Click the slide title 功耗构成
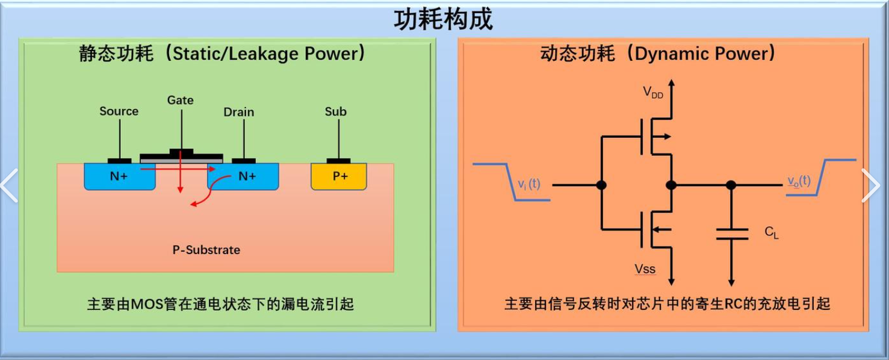[x=444, y=19]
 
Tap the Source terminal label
[x=119, y=111]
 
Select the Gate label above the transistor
[x=180, y=100]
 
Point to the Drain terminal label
[x=239, y=112]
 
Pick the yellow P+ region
[x=339, y=176]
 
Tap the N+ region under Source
[x=119, y=176]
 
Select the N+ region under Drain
[x=247, y=176]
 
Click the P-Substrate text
[x=206, y=250]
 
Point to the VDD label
[x=653, y=93]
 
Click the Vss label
[x=645, y=269]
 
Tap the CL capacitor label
[x=771, y=232]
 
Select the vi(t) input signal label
[x=529, y=184]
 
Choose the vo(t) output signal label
[x=799, y=181]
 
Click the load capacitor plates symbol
[x=731, y=234]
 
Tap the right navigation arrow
[x=871, y=185]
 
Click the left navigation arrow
[x=9, y=185]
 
